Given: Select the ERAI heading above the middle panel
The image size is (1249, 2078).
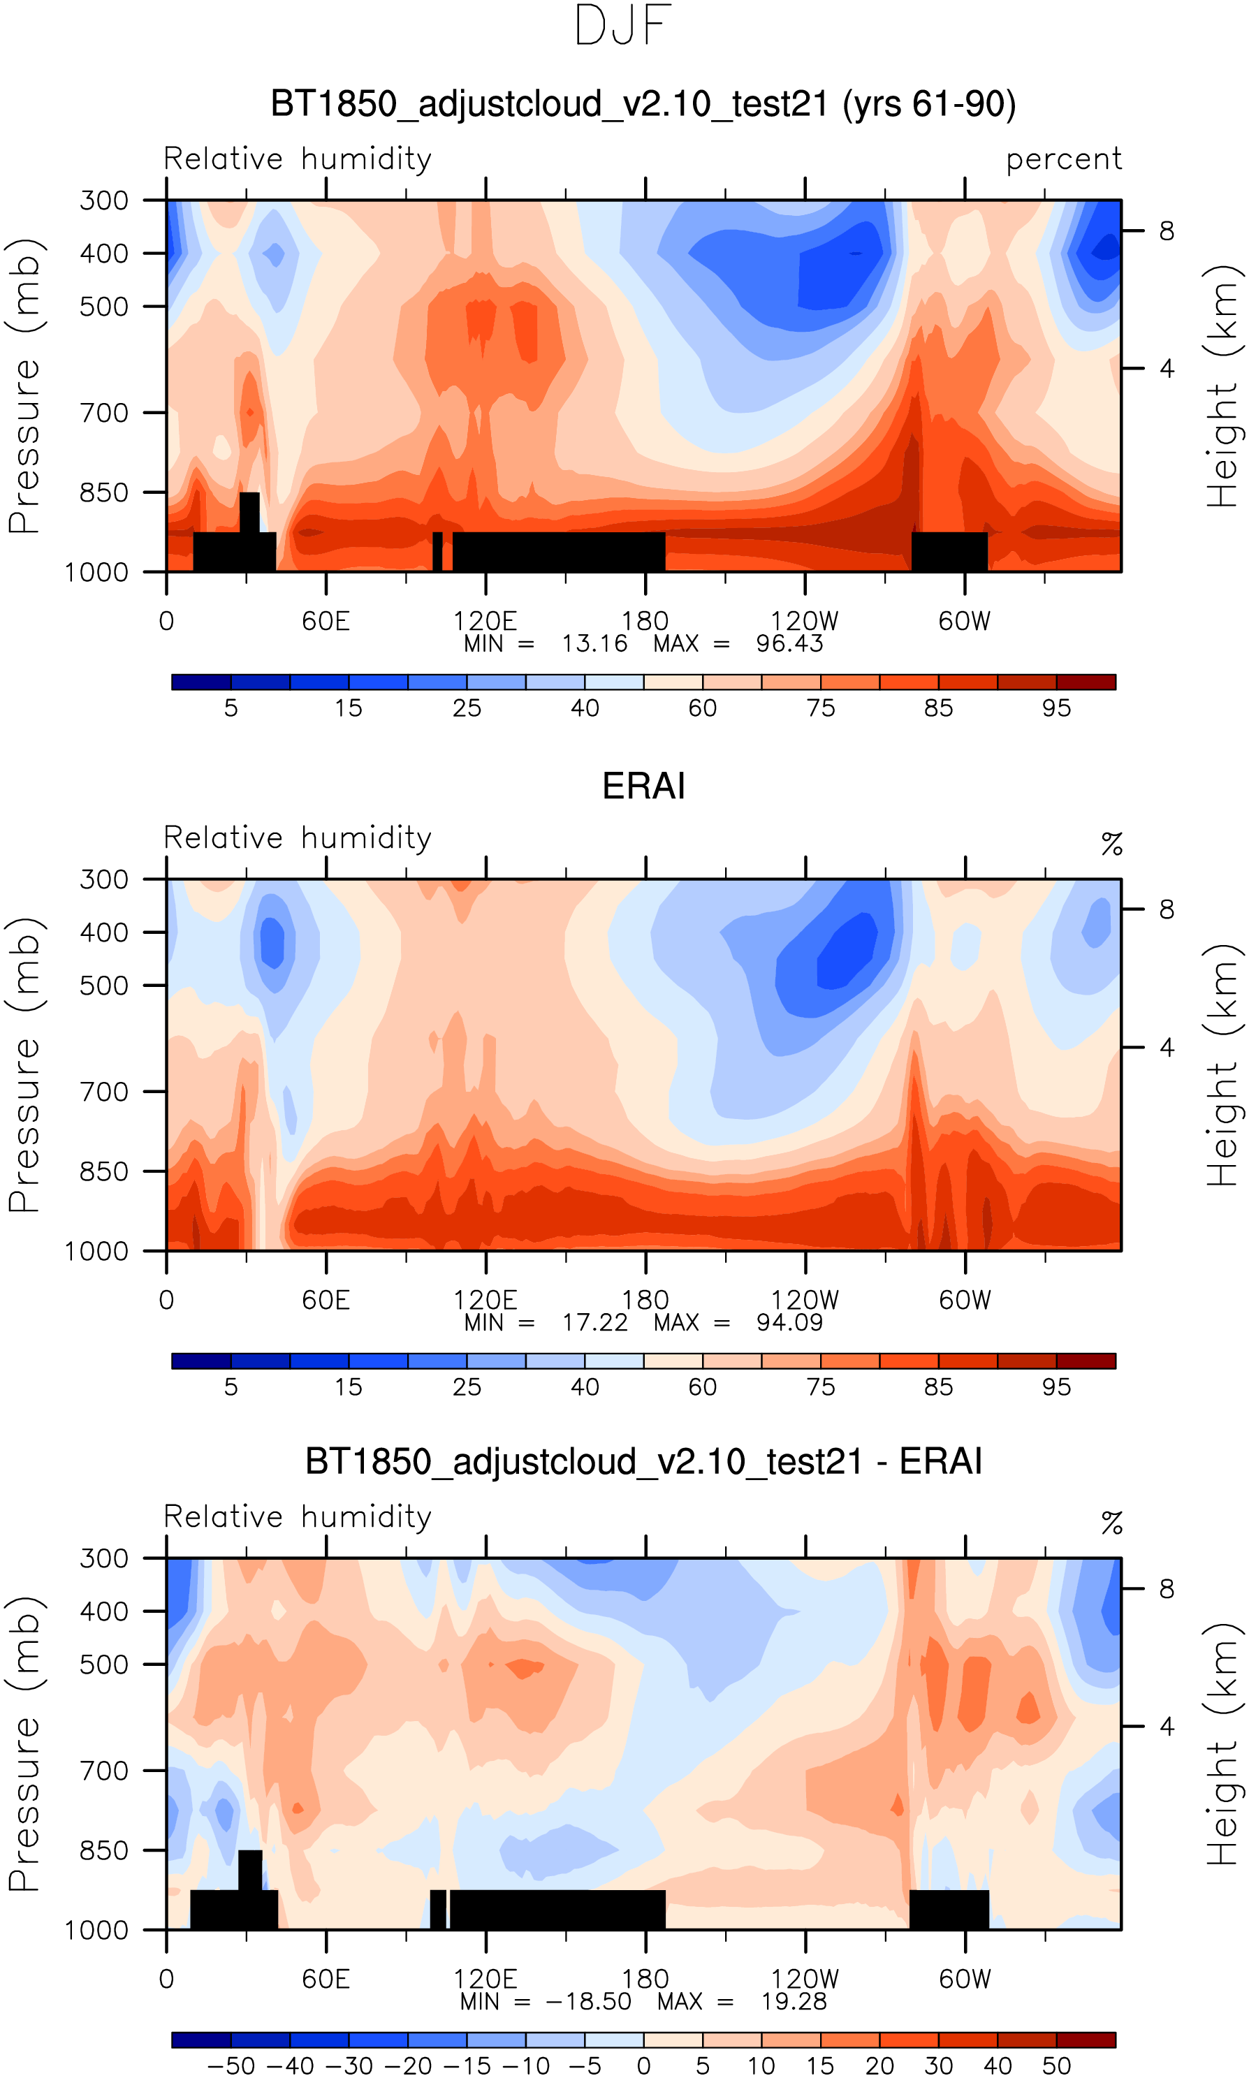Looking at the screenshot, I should (x=644, y=786).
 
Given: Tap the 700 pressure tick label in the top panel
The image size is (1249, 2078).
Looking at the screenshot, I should (x=104, y=413).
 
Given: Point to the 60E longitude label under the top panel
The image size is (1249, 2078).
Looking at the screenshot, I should (x=326, y=622).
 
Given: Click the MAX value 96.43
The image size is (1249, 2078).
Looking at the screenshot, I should (x=789, y=643).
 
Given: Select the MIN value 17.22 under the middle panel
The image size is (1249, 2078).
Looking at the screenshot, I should (x=595, y=1322).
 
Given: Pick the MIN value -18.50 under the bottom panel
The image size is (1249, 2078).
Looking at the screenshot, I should (x=588, y=2001).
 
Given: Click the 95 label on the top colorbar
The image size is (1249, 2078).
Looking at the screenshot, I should (x=1056, y=708).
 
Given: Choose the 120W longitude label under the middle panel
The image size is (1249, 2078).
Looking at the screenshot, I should (x=805, y=1301).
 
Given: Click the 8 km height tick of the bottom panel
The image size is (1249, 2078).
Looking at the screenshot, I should (x=1167, y=1588).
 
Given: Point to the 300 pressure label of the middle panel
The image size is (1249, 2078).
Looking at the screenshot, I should (x=104, y=880).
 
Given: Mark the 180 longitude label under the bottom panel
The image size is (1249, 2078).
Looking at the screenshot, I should (x=645, y=1979).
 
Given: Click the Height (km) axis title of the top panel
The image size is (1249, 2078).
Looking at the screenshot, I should (x=1224, y=386).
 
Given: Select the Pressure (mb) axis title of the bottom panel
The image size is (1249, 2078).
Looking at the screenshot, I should (x=24, y=1744).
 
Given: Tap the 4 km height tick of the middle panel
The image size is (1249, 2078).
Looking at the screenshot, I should (x=1167, y=1048).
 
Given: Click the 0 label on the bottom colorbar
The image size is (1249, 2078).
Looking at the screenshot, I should (x=644, y=2066).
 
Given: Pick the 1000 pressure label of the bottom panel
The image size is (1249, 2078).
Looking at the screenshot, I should (x=97, y=1930).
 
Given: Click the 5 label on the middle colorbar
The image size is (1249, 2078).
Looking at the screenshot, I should (x=231, y=1387).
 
